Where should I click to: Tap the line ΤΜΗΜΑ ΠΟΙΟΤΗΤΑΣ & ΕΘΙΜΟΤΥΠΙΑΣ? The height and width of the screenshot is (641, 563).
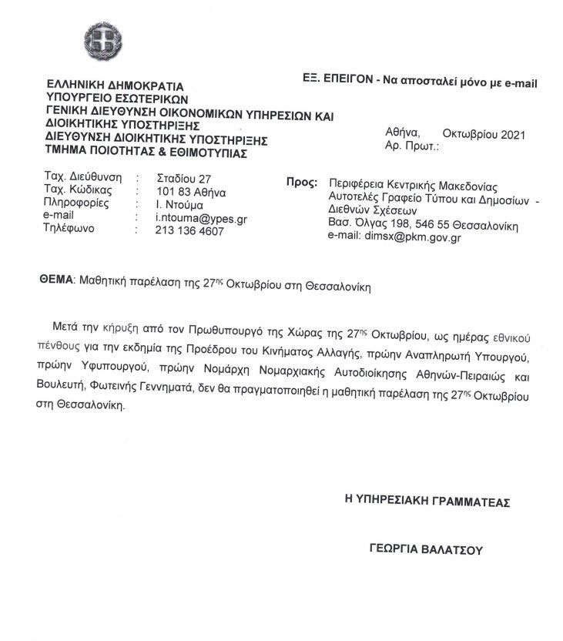click(146, 153)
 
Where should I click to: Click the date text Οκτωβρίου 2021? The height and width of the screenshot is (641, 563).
click(484, 134)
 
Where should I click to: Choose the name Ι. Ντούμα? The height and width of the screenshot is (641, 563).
click(179, 204)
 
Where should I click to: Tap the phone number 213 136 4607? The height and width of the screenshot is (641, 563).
click(189, 230)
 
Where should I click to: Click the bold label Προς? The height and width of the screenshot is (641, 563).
click(302, 183)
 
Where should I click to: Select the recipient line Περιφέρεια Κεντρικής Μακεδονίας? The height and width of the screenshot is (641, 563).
click(413, 186)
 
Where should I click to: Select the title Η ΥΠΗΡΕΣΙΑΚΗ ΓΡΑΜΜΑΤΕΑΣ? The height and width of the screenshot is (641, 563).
click(427, 501)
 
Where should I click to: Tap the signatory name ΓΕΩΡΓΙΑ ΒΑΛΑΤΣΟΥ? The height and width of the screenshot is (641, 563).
click(425, 550)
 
